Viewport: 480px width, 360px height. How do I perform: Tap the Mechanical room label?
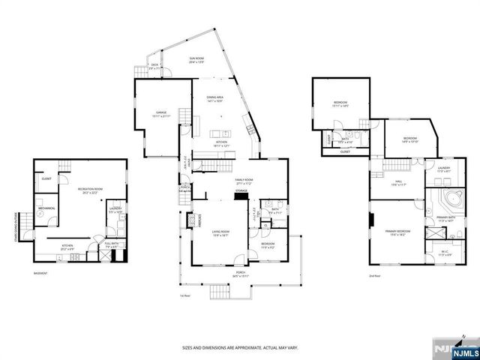(46, 208)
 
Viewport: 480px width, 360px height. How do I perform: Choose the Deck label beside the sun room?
(154, 66)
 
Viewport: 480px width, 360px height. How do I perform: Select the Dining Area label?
(216, 100)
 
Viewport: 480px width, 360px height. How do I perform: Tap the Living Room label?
(220, 234)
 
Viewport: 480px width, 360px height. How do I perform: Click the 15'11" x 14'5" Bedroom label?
(340, 105)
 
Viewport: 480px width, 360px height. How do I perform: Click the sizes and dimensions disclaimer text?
(240, 348)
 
